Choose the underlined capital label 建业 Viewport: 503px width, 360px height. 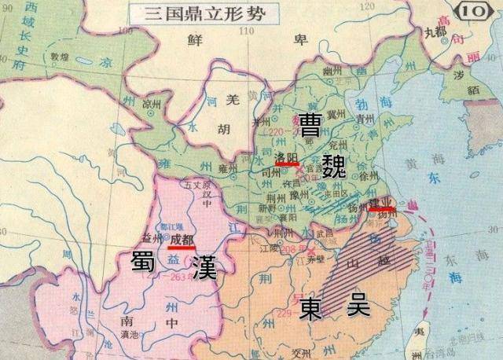coord(382,203)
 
